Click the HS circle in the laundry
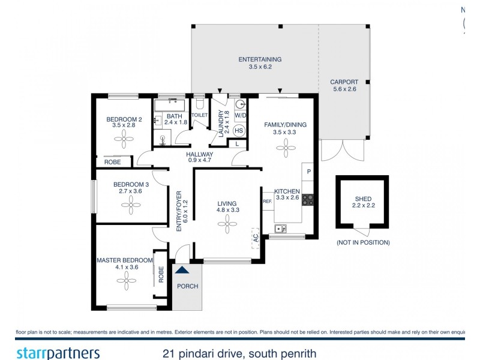click(238, 131)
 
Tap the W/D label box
click(240, 115)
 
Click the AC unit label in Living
click(256, 238)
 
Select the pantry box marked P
click(308, 171)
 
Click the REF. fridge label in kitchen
click(268, 202)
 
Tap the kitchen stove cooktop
click(308, 200)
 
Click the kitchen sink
click(280, 228)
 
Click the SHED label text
click(363, 199)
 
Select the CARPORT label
click(344, 82)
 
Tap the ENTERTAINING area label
click(260, 59)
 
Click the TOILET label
click(199, 115)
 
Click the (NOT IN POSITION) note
click(363, 242)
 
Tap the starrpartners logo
click(58, 353)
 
